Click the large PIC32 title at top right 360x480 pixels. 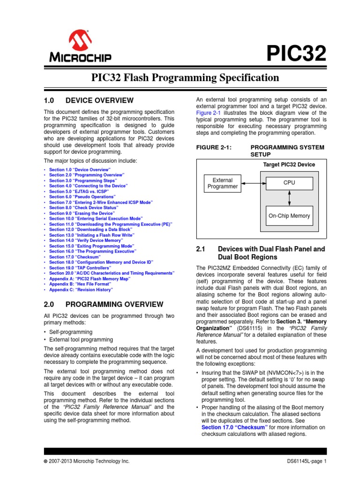(x=296, y=54)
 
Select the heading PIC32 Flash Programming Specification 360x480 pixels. (x=180, y=78)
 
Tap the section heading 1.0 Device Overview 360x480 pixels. (x=89, y=100)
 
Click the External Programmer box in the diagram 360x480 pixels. (x=223, y=183)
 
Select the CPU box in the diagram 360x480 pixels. (x=289, y=182)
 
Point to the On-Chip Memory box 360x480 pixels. (x=289, y=216)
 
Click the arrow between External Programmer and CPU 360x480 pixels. (x=254, y=183)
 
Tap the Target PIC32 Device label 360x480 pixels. (x=289, y=165)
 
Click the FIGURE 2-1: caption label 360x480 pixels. (x=214, y=147)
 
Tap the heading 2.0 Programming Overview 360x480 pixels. (x=104, y=304)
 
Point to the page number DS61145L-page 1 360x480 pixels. (x=307, y=461)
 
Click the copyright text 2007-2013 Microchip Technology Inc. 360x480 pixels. (x=89, y=461)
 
